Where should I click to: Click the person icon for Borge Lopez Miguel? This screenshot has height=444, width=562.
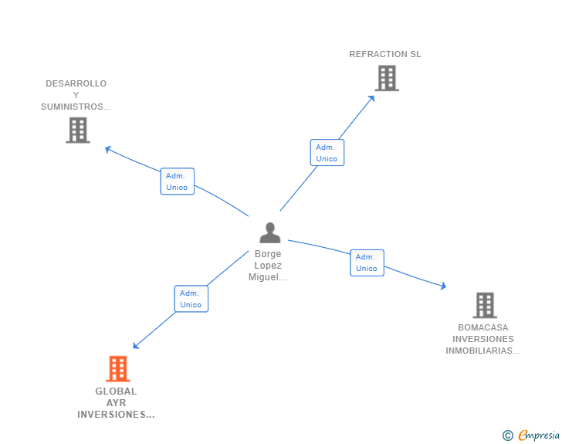(x=269, y=232)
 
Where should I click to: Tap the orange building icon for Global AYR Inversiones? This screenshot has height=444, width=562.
(x=117, y=369)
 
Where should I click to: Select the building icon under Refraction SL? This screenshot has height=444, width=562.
(x=386, y=78)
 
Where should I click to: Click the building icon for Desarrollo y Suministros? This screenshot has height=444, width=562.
(x=77, y=130)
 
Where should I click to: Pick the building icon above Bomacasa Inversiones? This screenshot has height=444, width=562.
(x=484, y=305)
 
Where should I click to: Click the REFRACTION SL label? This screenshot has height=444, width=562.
(x=384, y=54)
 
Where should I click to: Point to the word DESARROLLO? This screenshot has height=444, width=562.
(x=76, y=83)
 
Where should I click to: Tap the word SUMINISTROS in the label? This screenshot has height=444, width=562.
(x=76, y=107)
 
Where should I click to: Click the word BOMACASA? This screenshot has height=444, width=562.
(x=482, y=327)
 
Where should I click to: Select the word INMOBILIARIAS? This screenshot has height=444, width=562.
(x=482, y=351)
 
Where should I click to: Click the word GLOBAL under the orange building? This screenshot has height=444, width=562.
(x=116, y=391)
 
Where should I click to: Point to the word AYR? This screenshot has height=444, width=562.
(x=116, y=403)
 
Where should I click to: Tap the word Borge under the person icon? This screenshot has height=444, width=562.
(x=269, y=254)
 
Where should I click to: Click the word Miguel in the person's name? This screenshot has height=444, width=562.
(x=267, y=277)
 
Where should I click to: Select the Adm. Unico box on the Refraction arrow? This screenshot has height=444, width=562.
(x=327, y=153)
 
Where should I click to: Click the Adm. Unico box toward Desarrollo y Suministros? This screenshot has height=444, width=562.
(x=177, y=181)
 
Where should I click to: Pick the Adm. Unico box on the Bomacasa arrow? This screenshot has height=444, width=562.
(x=367, y=263)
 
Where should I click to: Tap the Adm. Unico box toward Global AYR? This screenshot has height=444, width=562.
(x=191, y=299)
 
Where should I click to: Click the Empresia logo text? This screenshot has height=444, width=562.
(x=539, y=436)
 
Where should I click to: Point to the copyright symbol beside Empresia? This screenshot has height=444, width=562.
(x=507, y=436)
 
